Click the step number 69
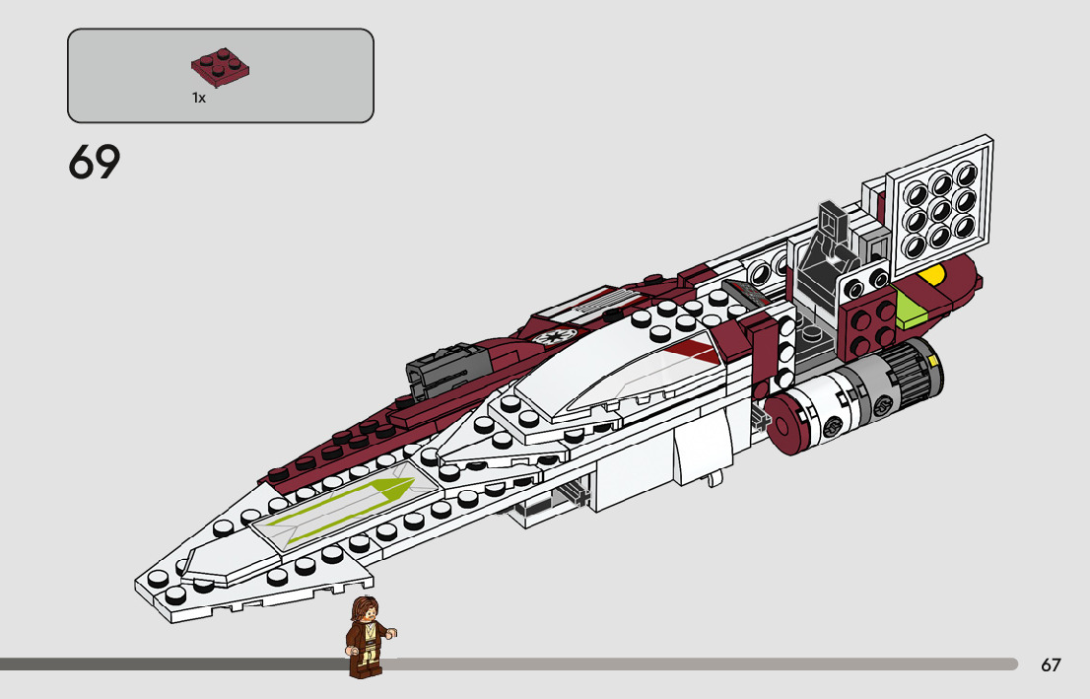click(x=95, y=163)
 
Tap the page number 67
click(x=1051, y=665)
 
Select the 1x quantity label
click(x=199, y=99)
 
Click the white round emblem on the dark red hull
click(x=545, y=335)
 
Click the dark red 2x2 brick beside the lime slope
click(x=867, y=323)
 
